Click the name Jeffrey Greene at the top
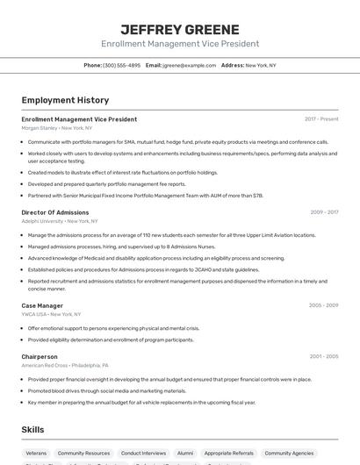[180, 30]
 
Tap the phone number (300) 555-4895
[121, 65]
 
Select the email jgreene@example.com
[188, 65]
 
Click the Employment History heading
[65, 100]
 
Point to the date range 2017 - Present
[321, 118]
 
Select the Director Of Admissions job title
[55, 212]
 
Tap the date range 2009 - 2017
[324, 212]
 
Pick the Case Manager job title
[42, 305]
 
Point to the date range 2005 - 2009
[323, 305]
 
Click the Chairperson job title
[40, 357]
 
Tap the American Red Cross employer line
[65, 365]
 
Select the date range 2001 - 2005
[324, 357]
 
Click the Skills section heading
[32, 430]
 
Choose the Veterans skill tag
[36, 453]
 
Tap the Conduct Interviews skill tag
[143, 453]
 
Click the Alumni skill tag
[185, 453]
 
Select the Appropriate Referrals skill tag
[228, 453]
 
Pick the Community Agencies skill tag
[290, 453]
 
